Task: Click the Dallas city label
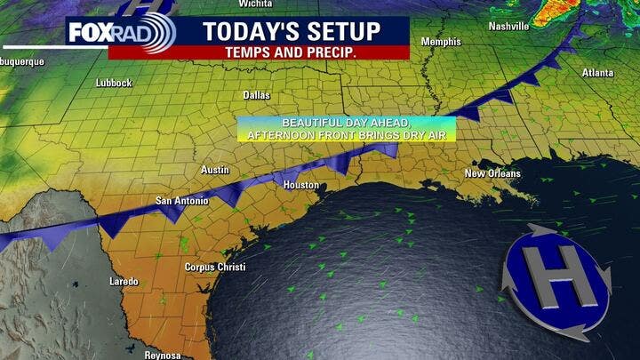pyautogui.click(x=257, y=94)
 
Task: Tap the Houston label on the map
pyautogui.click(x=300, y=185)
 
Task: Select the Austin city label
pyautogui.click(x=215, y=170)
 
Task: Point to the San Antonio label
pyautogui.click(x=182, y=201)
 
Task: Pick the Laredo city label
pyautogui.click(x=124, y=282)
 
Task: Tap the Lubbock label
pyautogui.click(x=114, y=83)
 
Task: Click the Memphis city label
pyautogui.click(x=441, y=42)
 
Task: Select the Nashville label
pyautogui.click(x=508, y=27)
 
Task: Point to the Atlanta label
pyautogui.click(x=597, y=72)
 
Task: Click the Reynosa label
pyautogui.click(x=164, y=355)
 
